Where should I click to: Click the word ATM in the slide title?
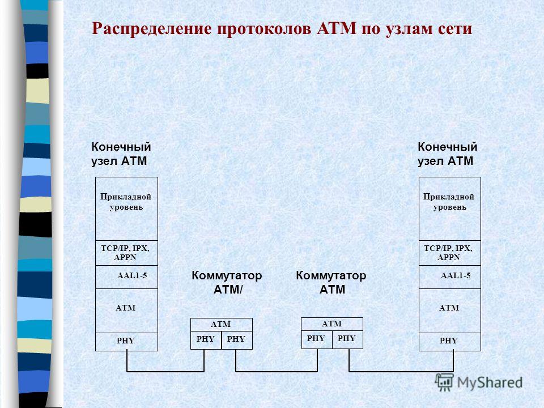pos(337,28)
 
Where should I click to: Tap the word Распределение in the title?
pos(152,29)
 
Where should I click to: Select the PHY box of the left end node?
pos(126,342)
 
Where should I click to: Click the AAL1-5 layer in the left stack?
pos(126,277)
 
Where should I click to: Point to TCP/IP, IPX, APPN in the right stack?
pos(450,253)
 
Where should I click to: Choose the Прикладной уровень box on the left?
pos(126,209)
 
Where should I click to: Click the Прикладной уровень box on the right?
pos(450,209)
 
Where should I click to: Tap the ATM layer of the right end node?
pos(450,311)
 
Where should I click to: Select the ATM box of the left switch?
pos(222,324)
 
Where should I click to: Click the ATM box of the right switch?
pos(332,324)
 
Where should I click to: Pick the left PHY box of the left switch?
pos(206,340)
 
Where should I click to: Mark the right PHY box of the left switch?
pos(237,340)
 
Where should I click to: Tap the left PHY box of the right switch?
pos(316,339)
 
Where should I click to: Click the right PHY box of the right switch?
pos(347,339)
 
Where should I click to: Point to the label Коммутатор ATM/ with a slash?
pos(227,282)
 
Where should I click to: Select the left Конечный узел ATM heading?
pos(121,154)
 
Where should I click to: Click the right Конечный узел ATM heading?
pos(448,154)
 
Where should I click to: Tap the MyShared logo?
pos(479,382)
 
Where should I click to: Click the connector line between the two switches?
pos(277,372)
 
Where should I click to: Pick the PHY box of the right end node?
pos(450,342)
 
